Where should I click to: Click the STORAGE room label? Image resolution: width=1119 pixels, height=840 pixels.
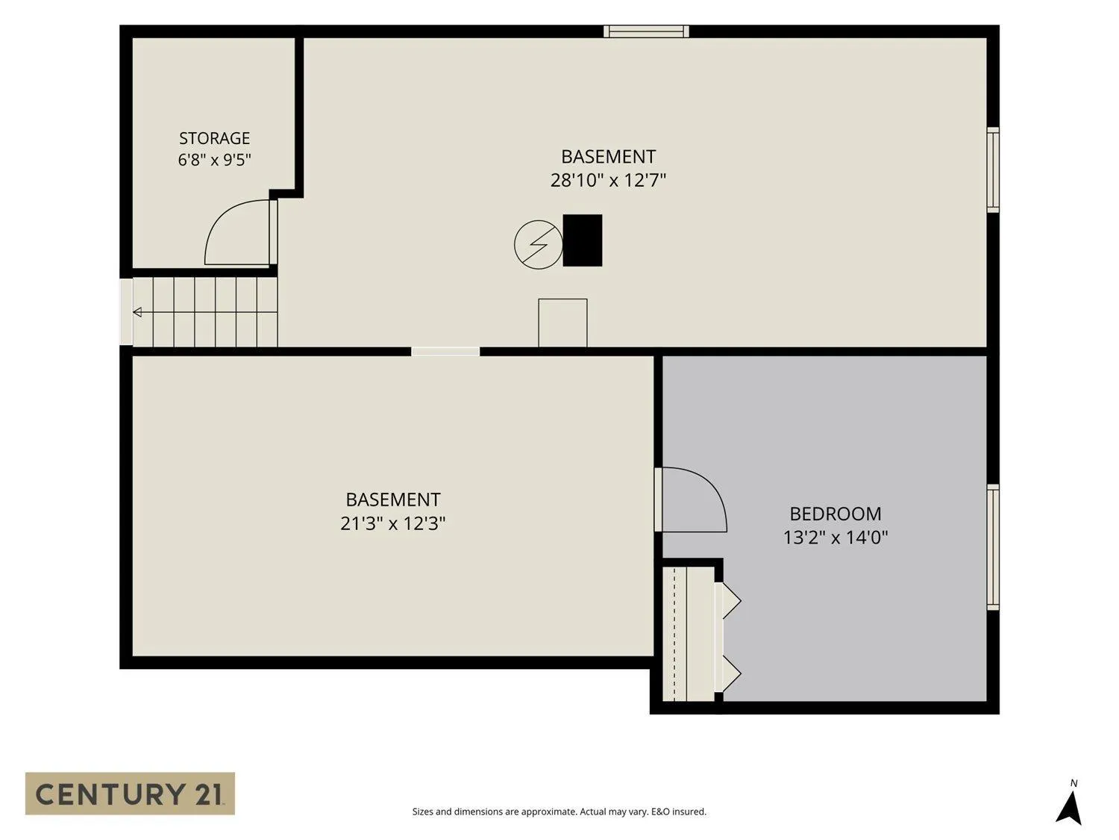point(214,138)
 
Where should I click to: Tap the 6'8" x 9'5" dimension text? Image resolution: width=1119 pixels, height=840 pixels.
point(214,160)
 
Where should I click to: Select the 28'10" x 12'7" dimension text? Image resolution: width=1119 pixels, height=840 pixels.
point(608,180)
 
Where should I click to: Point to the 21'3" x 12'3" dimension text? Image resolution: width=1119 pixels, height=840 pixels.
point(392,523)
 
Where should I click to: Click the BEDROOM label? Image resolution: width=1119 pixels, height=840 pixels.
point(835,514)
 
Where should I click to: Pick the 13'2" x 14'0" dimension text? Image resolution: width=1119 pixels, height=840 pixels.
point(835,537)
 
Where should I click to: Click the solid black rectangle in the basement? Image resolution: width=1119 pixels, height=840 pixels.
point(582,240)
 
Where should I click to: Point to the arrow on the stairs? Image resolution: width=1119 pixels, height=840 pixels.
point(138,311)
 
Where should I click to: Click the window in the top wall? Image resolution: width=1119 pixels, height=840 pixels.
point(646,31)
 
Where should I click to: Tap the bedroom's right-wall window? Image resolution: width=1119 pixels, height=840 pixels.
point(993,547)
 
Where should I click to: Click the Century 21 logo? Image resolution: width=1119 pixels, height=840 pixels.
point(130,793)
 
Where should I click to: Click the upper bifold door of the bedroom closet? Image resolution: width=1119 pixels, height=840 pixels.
point(729,601)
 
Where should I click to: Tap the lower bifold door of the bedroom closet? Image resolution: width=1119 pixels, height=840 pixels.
point(729,673)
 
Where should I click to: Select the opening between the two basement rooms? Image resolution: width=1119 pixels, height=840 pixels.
point(445,352)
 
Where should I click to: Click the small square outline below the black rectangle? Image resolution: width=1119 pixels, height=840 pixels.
point(562,323)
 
